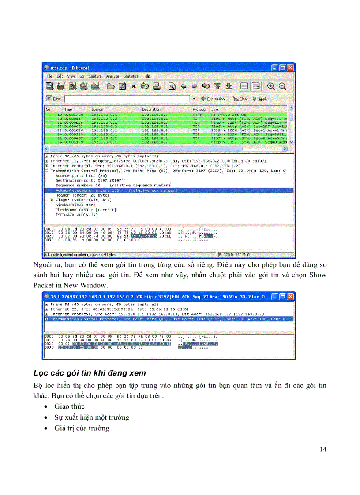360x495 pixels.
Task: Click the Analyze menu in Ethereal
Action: pos(112,76)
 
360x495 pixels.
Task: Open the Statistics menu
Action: pos(131,76)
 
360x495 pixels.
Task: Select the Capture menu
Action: pos(95,76)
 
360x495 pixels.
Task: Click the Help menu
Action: pos(146,76)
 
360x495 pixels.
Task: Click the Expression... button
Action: pos(214,99)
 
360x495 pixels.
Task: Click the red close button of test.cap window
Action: pos(290,67)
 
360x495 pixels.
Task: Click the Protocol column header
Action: pos(199,109)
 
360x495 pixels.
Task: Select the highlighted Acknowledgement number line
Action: pos(115,190)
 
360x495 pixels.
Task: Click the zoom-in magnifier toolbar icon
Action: pos(271,86)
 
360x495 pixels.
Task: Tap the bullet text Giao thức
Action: pos(69,406)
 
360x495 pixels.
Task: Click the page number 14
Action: pos(322,449)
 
